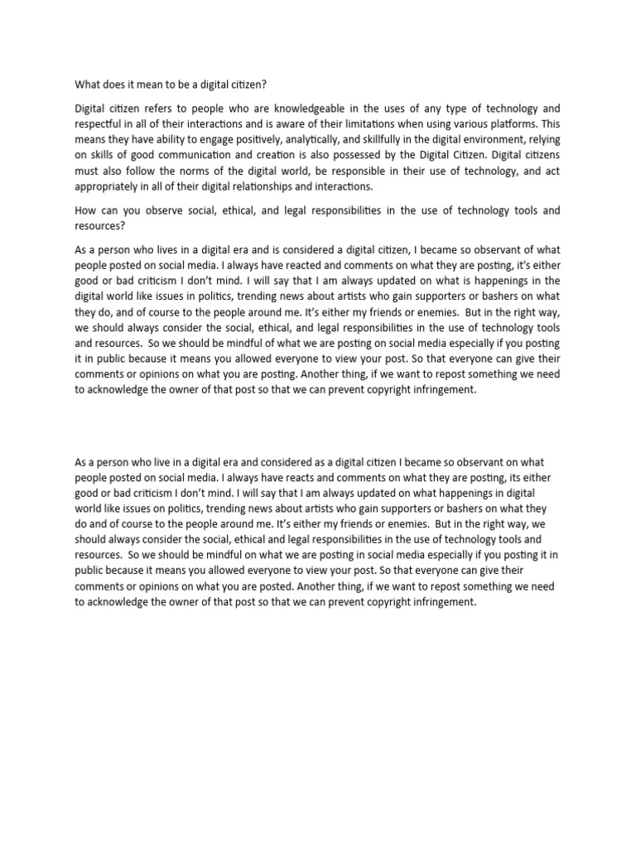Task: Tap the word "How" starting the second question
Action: point(86,210)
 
